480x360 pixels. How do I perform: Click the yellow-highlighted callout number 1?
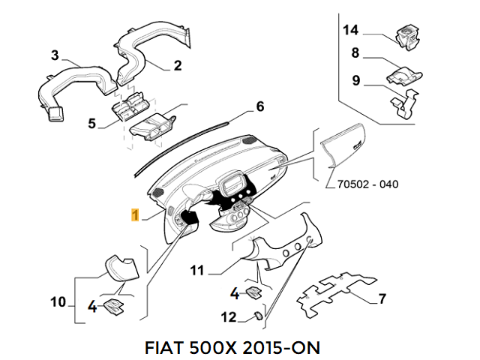(134, 215)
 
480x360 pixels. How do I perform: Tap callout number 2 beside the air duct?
(178, 65)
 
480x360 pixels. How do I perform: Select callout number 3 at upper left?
(55, 55)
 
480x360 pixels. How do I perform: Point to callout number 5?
(91, 122)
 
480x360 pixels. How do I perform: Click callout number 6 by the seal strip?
(260, 106)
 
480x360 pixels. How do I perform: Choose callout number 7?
(382, 299)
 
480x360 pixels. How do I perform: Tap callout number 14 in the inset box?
(351, 30)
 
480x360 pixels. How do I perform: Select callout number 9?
(356, 80)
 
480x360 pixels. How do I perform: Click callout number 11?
(197, 269)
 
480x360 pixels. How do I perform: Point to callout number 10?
(58, 302)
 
